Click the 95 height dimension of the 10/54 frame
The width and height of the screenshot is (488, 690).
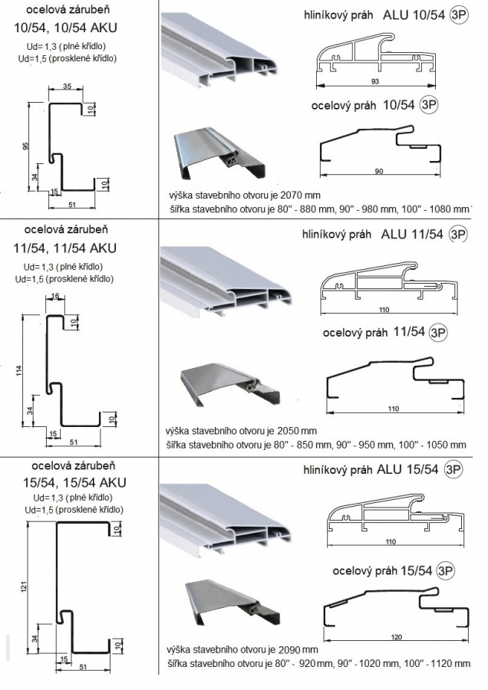[25, 146]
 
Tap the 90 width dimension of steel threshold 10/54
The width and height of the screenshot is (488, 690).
[379, 171]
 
